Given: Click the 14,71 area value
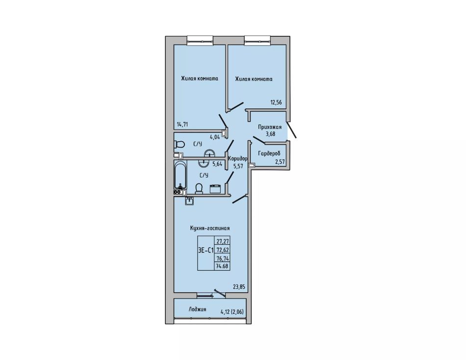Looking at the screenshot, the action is [x=183, y=125].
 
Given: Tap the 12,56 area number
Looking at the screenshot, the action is [x=276, y=103].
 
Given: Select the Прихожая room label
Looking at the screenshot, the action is [x=270, y=127].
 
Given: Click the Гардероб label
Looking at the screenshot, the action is [x=269, y=154].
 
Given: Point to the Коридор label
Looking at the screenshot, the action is [x=237, y=159].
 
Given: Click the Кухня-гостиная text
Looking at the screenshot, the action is [x=210, y=228].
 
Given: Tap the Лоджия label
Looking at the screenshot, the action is [x=197, y=309].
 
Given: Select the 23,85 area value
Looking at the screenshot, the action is [x=239, y=287].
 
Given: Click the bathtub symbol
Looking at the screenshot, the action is [x=181, y=175].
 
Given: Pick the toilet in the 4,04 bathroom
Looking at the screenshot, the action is [x=179, y=145].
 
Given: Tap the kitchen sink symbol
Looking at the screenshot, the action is [x=190, y=201].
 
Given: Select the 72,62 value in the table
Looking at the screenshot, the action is [x=223, y=250].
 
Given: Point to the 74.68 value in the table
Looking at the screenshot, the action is [x=223, y=266].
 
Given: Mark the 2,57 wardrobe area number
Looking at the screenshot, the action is [x=280, y=162].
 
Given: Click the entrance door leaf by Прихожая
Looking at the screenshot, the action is [x=291, y=130].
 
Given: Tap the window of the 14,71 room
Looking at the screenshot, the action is [x=200, y=41].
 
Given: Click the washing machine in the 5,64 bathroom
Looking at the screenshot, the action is [x=215, y=188].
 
